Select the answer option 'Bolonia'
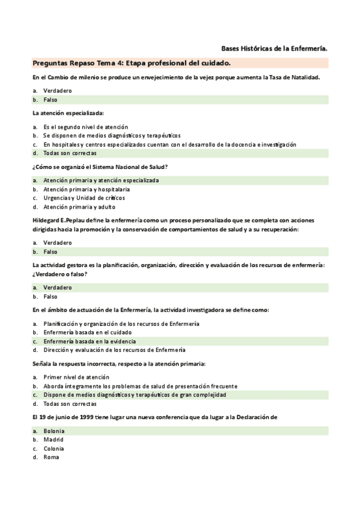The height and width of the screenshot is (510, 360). pos(54,431)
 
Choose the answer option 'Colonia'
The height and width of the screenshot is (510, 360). pos(53,449)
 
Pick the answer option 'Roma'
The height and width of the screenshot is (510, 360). pos(51,457)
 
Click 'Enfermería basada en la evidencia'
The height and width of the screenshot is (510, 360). pos(89,341)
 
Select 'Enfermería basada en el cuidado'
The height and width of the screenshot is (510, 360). pos(87,333)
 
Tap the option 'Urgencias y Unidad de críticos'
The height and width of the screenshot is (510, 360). pos(84,198)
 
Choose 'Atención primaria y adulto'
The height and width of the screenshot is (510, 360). pos(80,207)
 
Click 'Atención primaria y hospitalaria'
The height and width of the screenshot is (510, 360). pos(86,189)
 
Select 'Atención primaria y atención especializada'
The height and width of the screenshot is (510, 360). pos(101,180)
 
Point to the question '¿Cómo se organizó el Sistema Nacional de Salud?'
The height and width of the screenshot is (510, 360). pos(100,166)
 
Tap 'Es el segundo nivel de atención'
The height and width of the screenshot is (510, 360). pos(85,127)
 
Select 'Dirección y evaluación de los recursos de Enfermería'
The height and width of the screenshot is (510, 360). pos(114,350)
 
